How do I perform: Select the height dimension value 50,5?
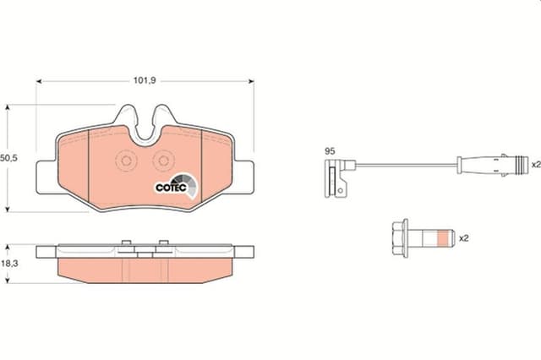[x=9, y=158]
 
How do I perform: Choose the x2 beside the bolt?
[x=463, y=239]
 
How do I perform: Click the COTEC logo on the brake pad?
[x=175, y=186]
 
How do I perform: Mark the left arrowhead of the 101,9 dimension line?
[x=38, y=81]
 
